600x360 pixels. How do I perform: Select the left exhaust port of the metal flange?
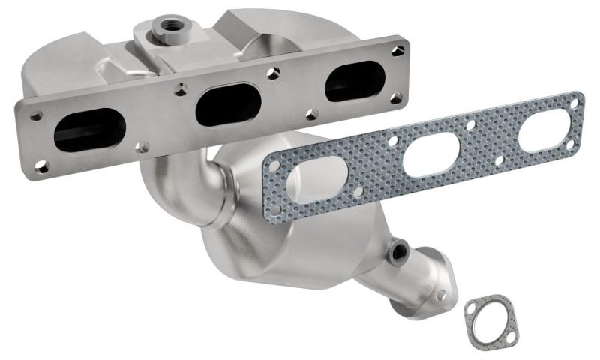pos(89,130)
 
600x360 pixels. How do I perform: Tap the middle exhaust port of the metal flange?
pos(228,105)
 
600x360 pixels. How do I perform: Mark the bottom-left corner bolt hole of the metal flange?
pos(42,166)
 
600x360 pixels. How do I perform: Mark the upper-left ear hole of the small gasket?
pos(470,306)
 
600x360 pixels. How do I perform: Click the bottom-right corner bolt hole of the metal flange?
pos(396,97)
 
